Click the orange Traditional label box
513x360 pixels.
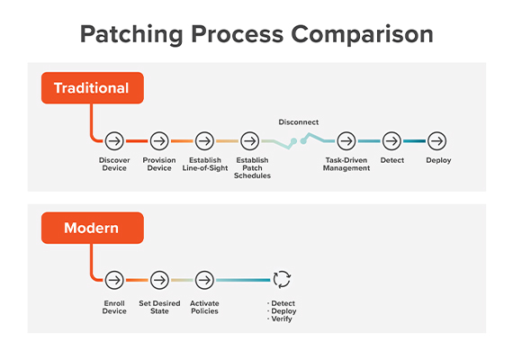click(91, 88)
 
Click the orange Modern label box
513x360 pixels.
click(91, 228)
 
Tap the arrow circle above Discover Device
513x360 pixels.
click(114, 141)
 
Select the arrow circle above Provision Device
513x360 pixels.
click(159, 141)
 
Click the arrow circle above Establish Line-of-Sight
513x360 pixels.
click(204, 141)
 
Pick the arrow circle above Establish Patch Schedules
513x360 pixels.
click(252, 141)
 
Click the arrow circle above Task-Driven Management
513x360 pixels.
click(346, 141)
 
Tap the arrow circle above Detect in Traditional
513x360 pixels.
click(391, 141)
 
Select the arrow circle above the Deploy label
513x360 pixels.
click(436, 141)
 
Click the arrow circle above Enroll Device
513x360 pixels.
click(114, 280)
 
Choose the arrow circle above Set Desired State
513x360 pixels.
click(159, 280)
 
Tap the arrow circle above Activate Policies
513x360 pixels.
click(204, 280)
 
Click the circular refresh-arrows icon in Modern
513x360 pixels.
click(282, 280)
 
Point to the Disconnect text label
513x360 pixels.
click(299, 121)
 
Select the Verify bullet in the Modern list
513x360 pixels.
click(282, 319)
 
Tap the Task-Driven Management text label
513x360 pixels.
click(346, 165)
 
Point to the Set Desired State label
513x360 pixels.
click(159, 308)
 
